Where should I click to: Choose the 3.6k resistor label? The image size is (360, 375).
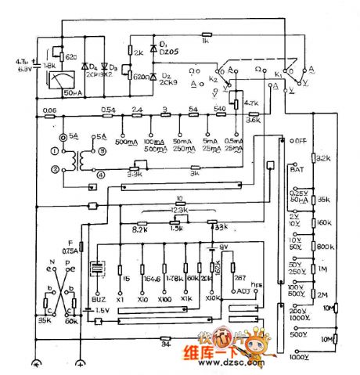(253, 120)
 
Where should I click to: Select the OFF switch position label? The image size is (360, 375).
(297, 140)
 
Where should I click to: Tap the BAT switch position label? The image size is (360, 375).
(297, 168)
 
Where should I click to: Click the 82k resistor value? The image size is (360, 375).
(322, 157)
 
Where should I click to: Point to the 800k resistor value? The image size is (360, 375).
(322, 247)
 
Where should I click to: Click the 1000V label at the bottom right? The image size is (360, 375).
(298, 357)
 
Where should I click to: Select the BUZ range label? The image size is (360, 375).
(97, 300)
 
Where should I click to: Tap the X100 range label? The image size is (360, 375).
(164, 300)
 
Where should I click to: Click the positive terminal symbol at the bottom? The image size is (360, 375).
(81, 364)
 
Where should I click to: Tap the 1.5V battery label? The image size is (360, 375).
(103, 310)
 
